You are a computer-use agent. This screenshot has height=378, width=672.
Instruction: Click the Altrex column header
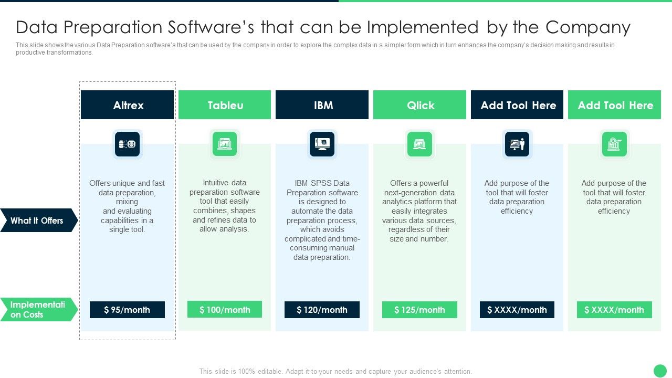128,105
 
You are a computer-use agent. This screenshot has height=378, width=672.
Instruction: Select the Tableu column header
225,105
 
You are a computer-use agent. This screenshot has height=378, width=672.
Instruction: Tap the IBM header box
322,105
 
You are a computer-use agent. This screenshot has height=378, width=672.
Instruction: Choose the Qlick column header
420,105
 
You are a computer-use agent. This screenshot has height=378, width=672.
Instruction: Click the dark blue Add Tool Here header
517,105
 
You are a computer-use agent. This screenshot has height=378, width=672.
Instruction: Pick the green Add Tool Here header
615,105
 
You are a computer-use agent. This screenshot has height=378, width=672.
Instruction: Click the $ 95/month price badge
127,310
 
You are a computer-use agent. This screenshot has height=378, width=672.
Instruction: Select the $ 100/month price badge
225,310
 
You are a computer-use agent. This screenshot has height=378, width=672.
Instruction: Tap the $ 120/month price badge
322,310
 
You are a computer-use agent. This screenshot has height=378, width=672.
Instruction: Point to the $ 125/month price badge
419,310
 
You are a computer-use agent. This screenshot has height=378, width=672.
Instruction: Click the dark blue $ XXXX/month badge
517,310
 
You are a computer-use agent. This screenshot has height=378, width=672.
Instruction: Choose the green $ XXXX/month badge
614,310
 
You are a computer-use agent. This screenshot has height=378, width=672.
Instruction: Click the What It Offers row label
37,220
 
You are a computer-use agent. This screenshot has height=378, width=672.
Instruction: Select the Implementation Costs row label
37,310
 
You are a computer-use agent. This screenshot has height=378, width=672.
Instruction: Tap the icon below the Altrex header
127,144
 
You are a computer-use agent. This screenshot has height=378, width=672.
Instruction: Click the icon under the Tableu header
225,144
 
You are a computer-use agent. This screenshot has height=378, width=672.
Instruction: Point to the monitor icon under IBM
322,144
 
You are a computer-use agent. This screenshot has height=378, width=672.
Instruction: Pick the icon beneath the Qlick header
419,144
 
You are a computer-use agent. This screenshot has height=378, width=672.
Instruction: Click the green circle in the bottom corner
660,371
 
